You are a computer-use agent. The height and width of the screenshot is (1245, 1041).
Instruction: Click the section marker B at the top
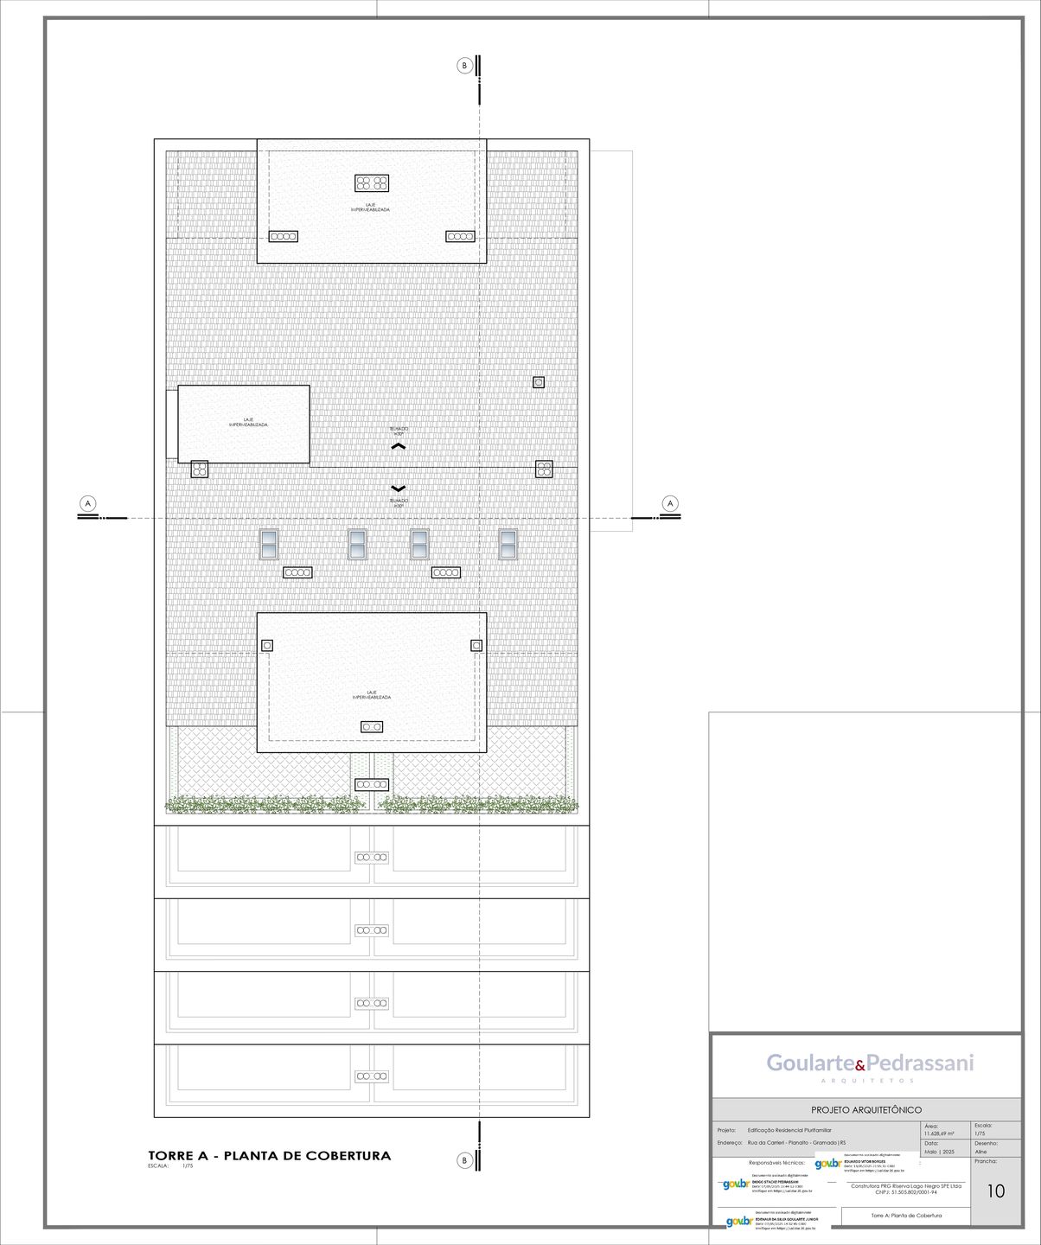464,66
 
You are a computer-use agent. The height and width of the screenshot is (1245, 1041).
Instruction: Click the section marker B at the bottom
464,1160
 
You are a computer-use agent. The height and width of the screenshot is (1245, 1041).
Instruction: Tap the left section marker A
86,503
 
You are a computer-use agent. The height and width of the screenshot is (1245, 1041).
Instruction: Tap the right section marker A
670,503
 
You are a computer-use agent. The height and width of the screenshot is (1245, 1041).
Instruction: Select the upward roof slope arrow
398,446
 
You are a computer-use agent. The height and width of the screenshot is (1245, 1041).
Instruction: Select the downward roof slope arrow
398,488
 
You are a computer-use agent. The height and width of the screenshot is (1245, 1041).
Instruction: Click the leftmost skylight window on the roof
270,544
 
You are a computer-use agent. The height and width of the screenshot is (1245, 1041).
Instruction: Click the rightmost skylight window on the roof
508,544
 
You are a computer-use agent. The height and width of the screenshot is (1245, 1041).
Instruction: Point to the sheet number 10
995,1191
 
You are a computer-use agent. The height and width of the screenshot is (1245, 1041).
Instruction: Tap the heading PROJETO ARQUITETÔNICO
866,1109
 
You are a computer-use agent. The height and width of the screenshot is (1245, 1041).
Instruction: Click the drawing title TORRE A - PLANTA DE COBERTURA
270,1155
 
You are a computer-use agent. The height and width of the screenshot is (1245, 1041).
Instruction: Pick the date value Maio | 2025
939,1152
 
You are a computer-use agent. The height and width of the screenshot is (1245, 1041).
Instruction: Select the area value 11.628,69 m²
939,1133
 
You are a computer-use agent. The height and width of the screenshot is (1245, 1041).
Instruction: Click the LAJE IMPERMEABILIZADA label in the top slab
372,207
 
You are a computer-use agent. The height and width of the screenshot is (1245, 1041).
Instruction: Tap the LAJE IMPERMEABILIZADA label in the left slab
248,423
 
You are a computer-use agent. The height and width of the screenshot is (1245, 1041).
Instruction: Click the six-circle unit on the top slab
372,183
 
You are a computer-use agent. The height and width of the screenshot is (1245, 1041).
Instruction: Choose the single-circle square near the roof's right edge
539,382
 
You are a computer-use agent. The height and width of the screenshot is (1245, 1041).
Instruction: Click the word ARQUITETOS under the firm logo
867,1082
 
